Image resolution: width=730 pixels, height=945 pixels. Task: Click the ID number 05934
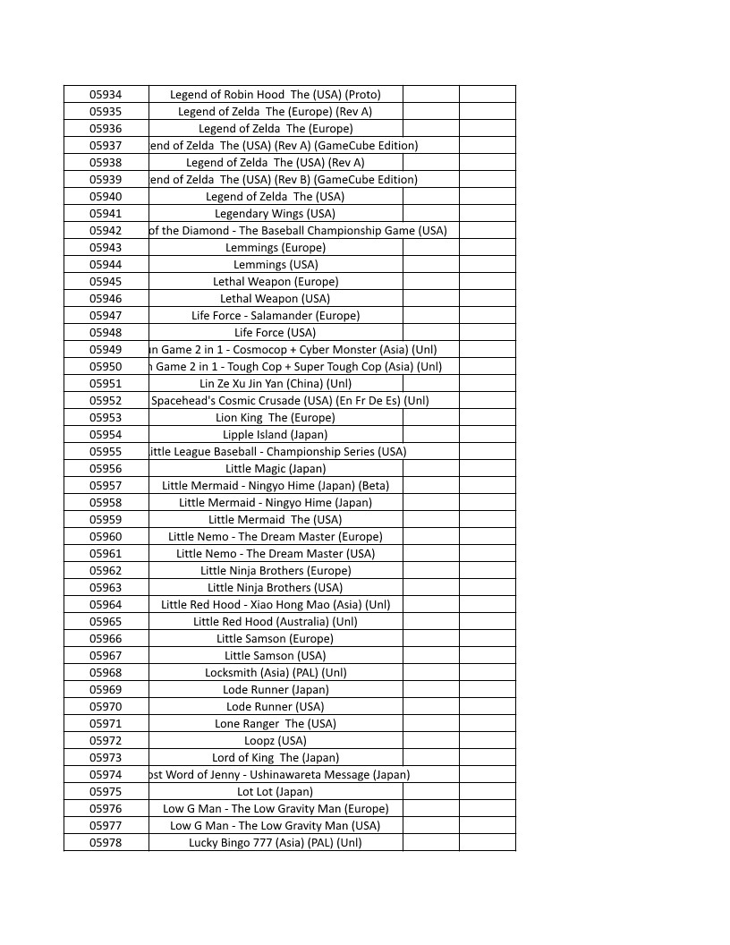[x=106, y=94]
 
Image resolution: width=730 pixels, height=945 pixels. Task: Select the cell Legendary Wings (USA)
[x=275, y=213]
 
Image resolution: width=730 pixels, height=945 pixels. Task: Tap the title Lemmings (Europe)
[x=275, y=247]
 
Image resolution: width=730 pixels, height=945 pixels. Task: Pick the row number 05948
[x=106, y=332]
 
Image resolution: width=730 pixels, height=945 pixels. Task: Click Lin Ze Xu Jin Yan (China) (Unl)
[x=275, y=383]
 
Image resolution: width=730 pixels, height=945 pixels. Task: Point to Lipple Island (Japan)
[x=275, y=434]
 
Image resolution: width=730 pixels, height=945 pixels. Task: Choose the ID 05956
[x=106, y=468]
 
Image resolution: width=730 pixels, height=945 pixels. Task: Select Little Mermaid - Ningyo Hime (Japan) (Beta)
[x=275, y=485]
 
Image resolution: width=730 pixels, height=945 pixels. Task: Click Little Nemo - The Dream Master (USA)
[x=275, y=553]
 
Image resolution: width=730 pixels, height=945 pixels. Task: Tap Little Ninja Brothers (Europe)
[x=275, y=570]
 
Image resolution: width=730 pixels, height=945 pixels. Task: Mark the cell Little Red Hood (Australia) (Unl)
[x=275, y=621]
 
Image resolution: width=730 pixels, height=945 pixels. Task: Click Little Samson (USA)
[x=275, y=655]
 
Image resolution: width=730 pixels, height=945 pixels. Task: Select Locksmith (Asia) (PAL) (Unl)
[x=275, y=672]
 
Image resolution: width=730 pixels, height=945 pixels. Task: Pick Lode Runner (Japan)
[x=275, y=689]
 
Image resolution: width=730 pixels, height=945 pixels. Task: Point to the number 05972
[x=106, y=740]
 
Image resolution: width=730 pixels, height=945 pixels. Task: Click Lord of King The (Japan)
[x=275, y=757]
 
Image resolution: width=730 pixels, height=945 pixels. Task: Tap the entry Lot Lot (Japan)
[x=275, y=791]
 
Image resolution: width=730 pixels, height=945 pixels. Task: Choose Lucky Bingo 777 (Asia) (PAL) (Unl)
[x=275, y=842]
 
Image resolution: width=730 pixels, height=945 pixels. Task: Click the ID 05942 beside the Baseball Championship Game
[x=106, y=230]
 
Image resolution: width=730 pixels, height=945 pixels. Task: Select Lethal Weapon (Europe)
[x=275, y=281]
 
